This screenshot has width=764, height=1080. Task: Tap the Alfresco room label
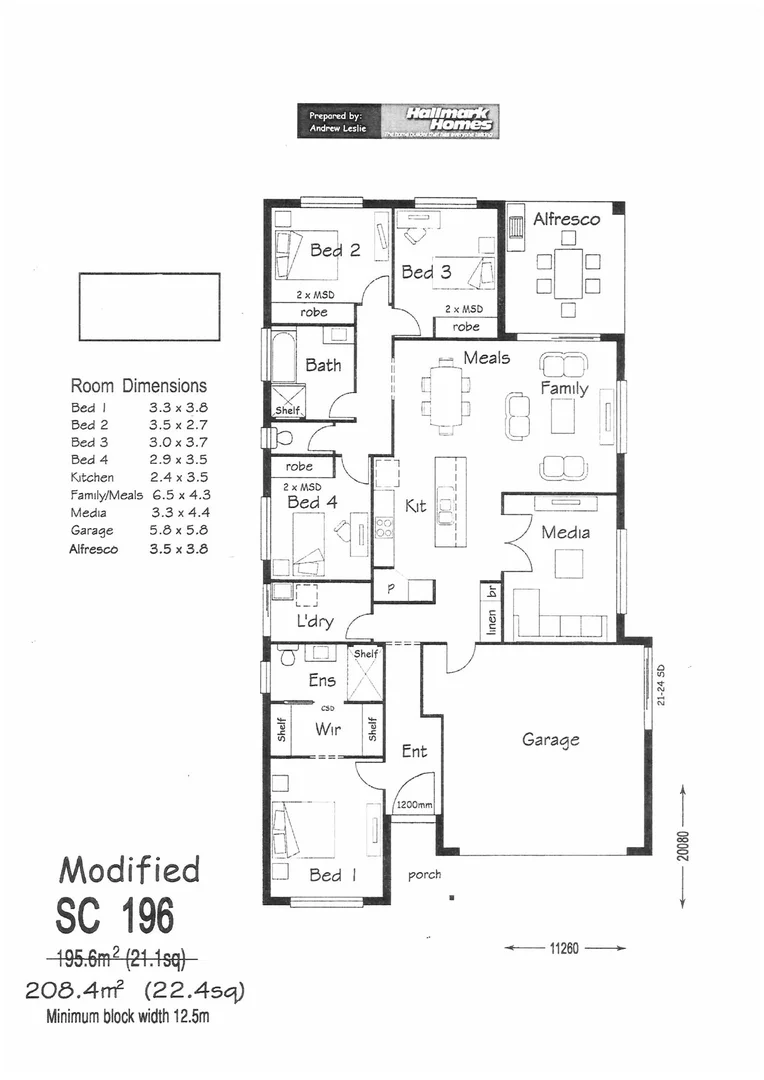tap(566, 219)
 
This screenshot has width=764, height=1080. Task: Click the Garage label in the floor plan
tap(550, 740)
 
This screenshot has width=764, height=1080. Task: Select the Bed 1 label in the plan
tap(325, 875)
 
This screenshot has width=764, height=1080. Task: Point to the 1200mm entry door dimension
tap(412, 804)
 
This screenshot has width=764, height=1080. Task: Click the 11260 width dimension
tap(565, 947)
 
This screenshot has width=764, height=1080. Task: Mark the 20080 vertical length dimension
tap(683, 846)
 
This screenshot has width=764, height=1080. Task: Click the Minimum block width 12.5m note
tap(128, 1019)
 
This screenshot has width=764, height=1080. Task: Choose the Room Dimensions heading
tap(138, 385)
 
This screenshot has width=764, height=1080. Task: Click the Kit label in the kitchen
tap(415, 506)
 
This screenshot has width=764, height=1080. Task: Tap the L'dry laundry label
tap(315, 621)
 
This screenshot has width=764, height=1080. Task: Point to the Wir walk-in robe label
tap(327, 729)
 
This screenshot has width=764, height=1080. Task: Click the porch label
tap(424, 875)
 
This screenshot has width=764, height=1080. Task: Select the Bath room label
tap(323, 365)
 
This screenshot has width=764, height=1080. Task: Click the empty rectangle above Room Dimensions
tap(149, 306)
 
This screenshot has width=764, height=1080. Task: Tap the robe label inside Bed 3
tap(465, 326)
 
